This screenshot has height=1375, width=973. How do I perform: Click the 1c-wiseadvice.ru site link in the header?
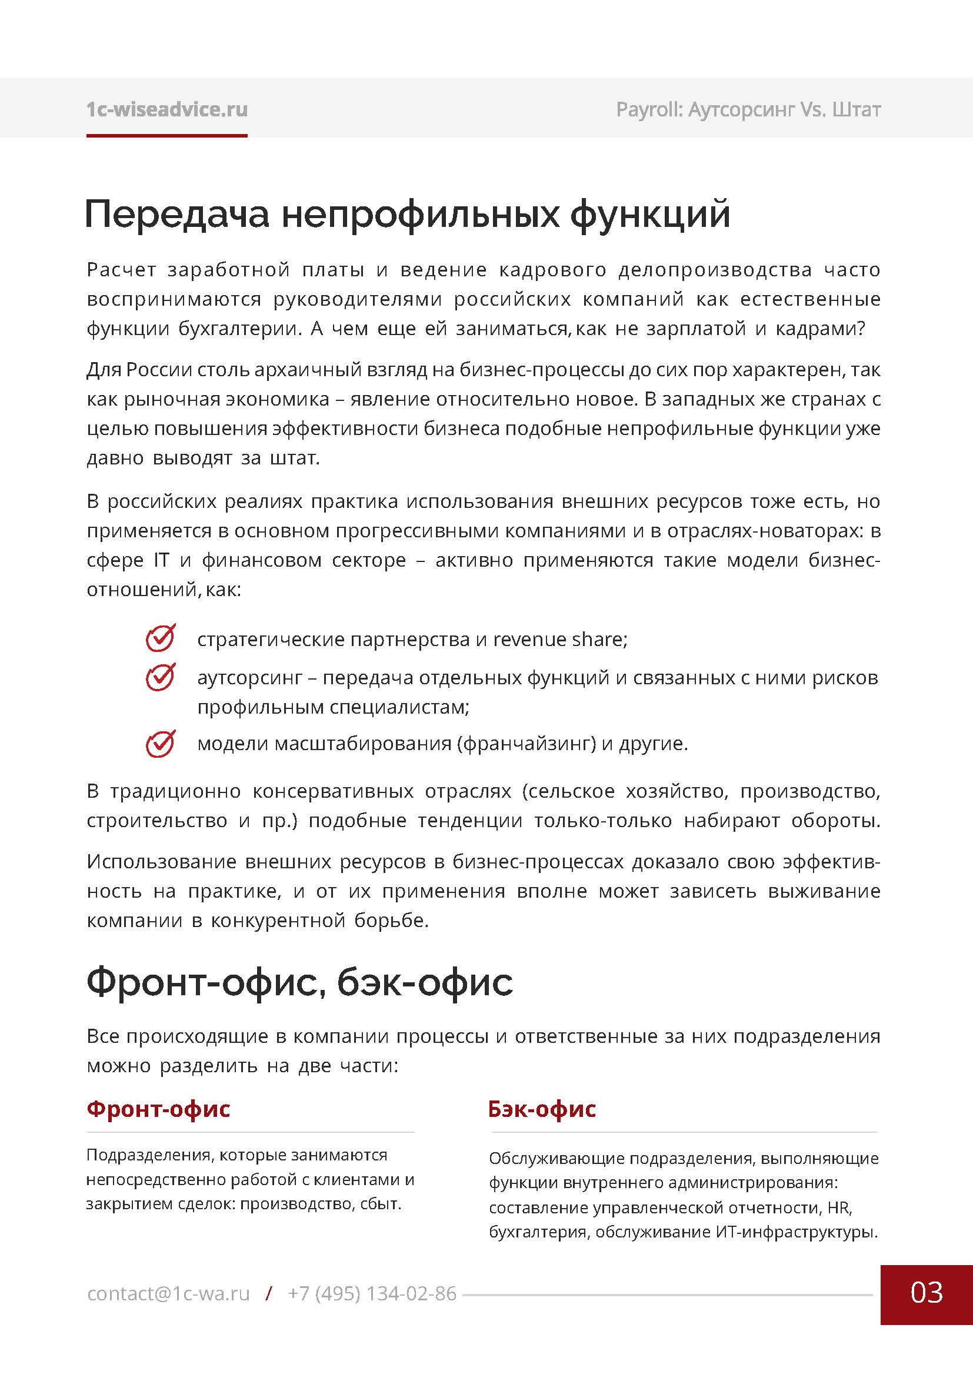(x=166, y=109)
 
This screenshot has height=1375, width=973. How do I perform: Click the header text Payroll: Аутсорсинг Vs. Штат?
(x=748, y=109)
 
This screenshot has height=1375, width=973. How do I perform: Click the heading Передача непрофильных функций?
(x=408, y=214)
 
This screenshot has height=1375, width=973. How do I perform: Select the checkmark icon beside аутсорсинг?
(x=161, y=677)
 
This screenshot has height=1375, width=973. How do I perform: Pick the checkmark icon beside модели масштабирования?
(x=161, y=743)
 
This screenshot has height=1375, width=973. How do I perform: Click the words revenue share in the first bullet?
(x=559, y=640)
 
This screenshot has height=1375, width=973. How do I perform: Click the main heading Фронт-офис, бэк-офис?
(x=299, y=982)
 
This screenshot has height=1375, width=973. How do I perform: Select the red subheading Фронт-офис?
(x=158, y=1109)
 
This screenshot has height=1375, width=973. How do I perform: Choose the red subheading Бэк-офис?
(x=542, y=1109)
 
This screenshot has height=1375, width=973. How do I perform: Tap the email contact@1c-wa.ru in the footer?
(x=168, y=1293)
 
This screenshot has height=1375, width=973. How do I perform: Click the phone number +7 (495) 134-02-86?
(x=372, y=1293)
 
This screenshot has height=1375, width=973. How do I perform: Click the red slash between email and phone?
(x=269, y=1293)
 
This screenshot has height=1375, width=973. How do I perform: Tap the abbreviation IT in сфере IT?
(x=161, y=561)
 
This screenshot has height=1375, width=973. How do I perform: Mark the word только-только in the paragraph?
(x=603, y=821)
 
